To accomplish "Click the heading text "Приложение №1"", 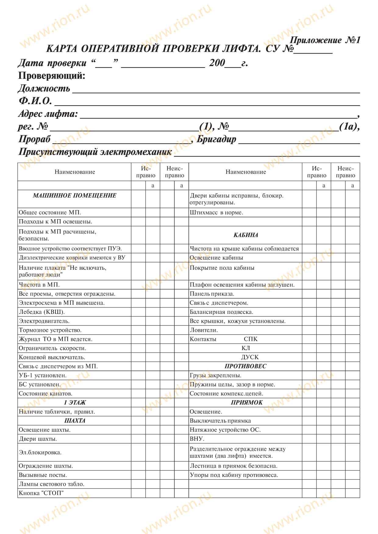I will tap(325, 40).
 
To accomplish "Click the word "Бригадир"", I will tap(216, 139).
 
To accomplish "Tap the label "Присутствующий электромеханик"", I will tap(95, 152).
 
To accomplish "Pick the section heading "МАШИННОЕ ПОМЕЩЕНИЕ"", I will tap(74, 195).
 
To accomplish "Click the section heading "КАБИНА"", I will tap(246, 235).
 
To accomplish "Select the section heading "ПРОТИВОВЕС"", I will tap(245, 366).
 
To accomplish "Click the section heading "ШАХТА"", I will tap(75, 421).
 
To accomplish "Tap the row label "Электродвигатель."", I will tap(44, 321).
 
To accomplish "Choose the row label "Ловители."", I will tap(204, 330).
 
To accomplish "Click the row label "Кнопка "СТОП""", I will tap(41, 493).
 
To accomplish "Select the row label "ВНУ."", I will tap(197, 439).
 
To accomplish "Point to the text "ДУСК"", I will tap(250, 357).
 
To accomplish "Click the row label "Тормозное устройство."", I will tap(50, 330).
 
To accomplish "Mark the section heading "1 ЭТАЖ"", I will tap(75, 402).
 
